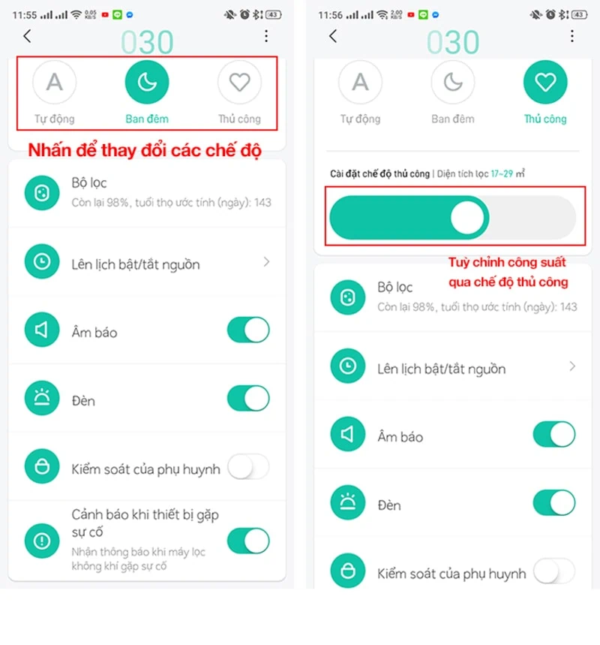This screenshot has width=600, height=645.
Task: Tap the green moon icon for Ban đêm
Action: coord(147,82)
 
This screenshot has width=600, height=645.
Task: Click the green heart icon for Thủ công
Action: coord(545,82)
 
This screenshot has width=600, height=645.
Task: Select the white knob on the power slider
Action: coord(468,218)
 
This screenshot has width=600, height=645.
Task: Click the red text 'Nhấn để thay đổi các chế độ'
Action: coord(144,150)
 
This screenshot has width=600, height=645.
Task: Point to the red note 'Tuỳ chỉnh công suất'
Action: coord(507,263)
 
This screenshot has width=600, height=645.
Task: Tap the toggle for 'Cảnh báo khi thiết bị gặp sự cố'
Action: coord(247,540)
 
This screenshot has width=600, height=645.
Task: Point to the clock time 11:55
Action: coord(25,14)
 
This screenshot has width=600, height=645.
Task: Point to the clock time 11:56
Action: coord(331,14)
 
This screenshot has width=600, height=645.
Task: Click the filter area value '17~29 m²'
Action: coord(508,174)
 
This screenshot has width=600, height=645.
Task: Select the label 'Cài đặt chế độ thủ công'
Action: coord(380,174)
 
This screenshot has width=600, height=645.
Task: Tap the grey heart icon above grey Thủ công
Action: coord(239,82)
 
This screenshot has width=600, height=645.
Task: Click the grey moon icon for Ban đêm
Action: coord(453,82)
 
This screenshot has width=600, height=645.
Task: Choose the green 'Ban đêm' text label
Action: coord(147,119)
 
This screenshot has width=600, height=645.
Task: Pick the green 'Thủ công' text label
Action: coord(545,119)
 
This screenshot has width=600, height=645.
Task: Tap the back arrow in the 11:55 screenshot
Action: coord(28,36)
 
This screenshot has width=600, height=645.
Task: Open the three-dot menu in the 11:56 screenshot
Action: coord(572,36)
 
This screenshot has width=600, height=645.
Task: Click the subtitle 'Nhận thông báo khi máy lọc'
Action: coord(139,553)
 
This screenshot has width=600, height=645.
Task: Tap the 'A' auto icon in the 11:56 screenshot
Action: coord(361,82)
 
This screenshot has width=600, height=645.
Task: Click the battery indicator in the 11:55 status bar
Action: coord(273,14)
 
